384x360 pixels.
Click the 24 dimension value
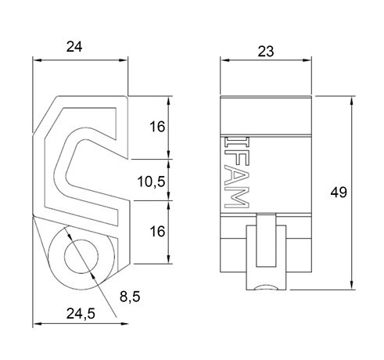coord(74,47)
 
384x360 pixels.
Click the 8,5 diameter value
coord(130,297)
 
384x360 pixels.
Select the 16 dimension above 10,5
coord(156,127)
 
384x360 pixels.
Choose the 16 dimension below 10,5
coord(156,232)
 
